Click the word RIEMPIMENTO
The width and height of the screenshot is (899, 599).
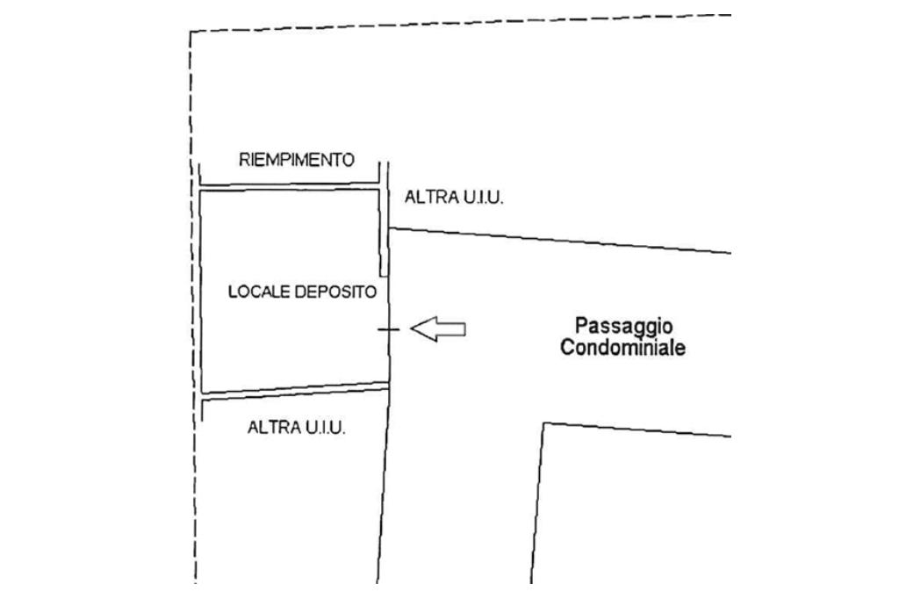[297, 160]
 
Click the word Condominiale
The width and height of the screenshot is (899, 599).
[623, 348]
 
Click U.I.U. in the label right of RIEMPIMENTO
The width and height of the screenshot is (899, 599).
[483, 198]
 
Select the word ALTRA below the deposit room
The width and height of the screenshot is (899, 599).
[275, 429]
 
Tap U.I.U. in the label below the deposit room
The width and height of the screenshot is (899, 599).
[326, 429]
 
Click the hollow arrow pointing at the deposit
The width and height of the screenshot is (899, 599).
[438, 329]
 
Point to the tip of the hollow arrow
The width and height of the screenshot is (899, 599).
[412, 329]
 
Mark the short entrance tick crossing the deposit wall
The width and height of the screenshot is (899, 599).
[389, 329]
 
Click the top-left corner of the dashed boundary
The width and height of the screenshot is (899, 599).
[191, 32]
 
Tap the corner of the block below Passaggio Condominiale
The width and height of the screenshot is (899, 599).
[544, 423]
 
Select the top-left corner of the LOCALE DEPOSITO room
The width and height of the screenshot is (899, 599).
[200, 190]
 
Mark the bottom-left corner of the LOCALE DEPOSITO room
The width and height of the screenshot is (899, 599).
[201, 393]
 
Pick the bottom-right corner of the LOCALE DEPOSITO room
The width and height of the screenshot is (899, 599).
[388, 383]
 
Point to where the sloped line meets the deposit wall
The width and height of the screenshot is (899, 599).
[389, 228]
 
